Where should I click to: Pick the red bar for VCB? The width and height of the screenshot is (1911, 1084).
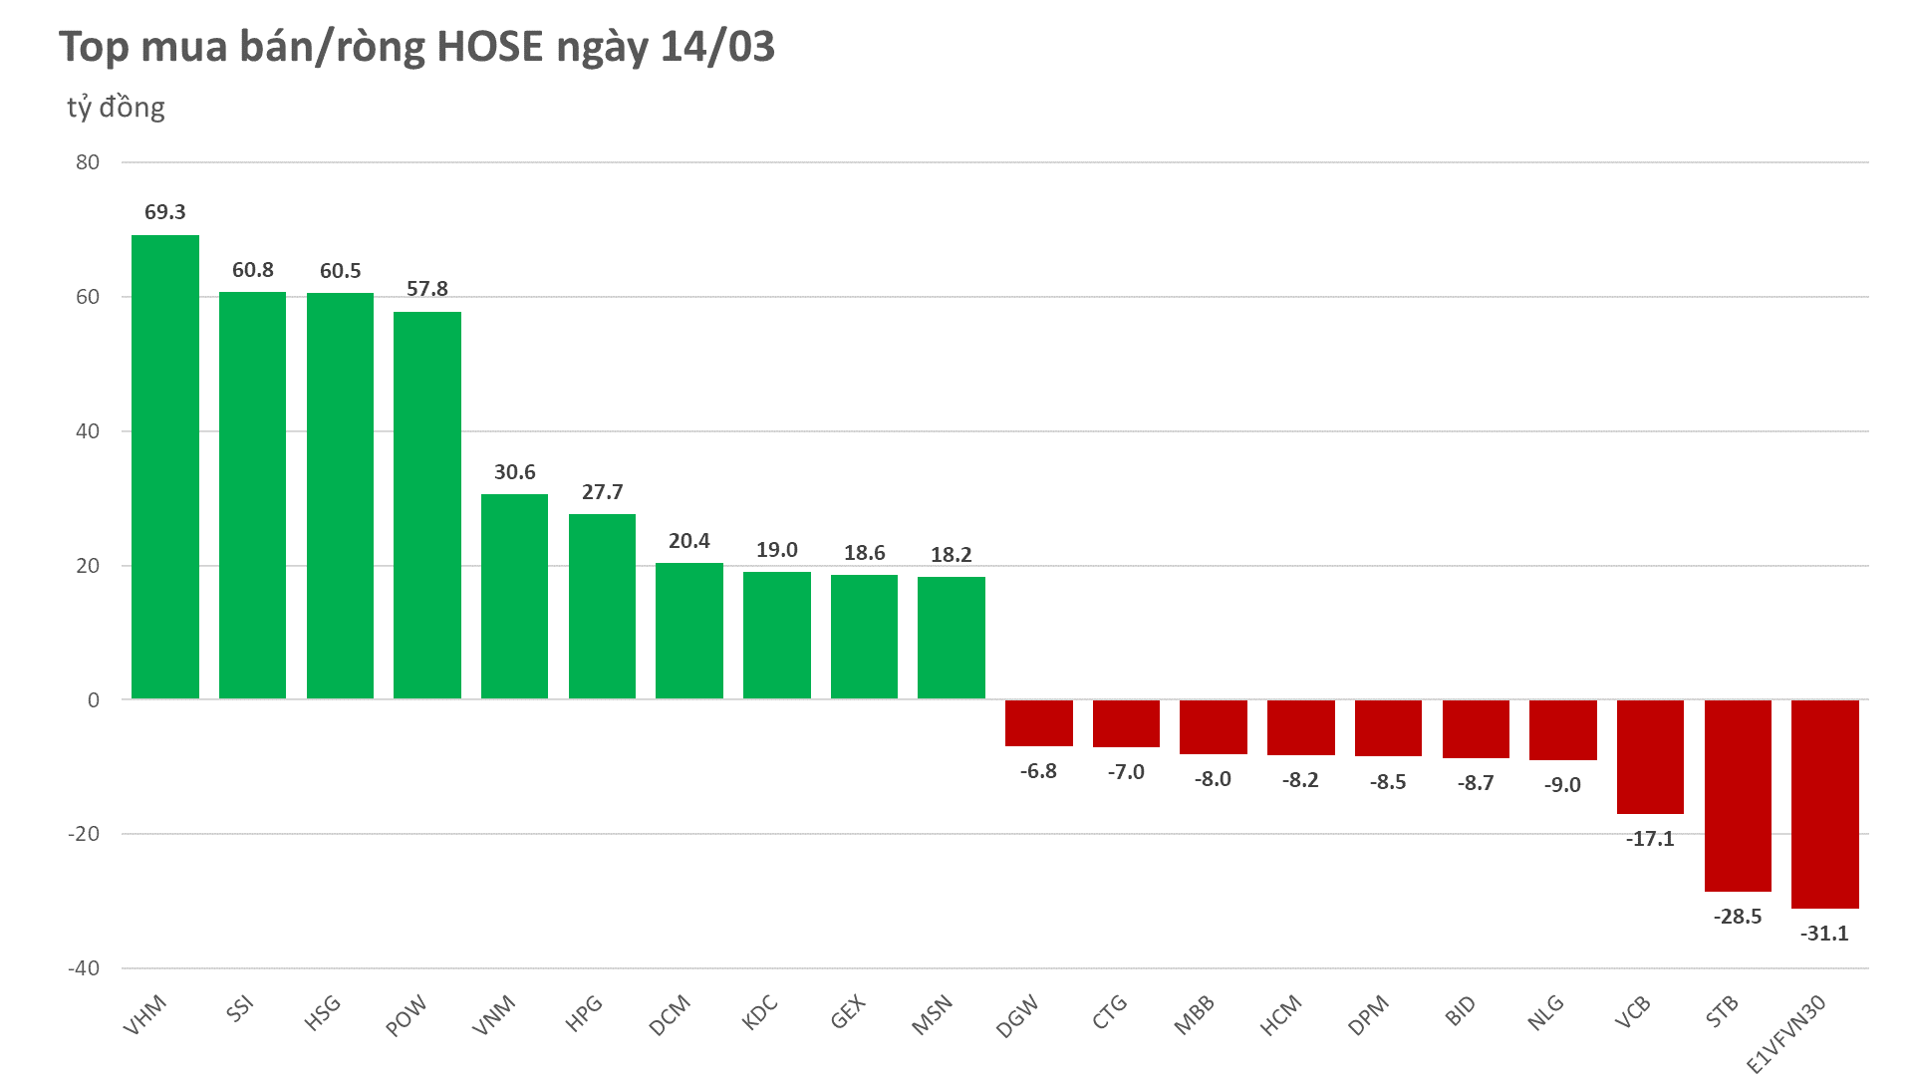[1650, 756]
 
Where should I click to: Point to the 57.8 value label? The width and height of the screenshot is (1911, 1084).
[426, 289]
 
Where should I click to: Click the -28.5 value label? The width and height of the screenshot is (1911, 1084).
[1737, 917]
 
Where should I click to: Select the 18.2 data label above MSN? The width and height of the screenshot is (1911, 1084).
[951, 555]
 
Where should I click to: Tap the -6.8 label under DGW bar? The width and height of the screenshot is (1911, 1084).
[1038, 771]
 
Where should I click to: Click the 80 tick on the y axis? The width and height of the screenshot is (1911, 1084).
[88, 162]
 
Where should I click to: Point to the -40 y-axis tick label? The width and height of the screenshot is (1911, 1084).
[84, 968]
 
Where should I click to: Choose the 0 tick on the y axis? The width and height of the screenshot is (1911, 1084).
[94, 700]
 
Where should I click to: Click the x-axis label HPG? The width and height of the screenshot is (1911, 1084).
[585, 1013]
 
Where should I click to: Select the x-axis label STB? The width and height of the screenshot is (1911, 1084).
[1722, 1011]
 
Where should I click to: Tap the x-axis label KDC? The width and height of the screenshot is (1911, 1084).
[760, 1013]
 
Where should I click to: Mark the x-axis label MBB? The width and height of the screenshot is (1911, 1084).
[1195, 1015]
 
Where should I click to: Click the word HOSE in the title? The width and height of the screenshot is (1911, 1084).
[490, 47]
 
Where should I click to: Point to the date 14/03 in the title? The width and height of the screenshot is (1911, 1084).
[717, 47]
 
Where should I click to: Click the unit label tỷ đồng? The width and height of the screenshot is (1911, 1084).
[116, 108]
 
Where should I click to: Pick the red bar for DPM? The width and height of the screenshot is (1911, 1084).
[1388, 727]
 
